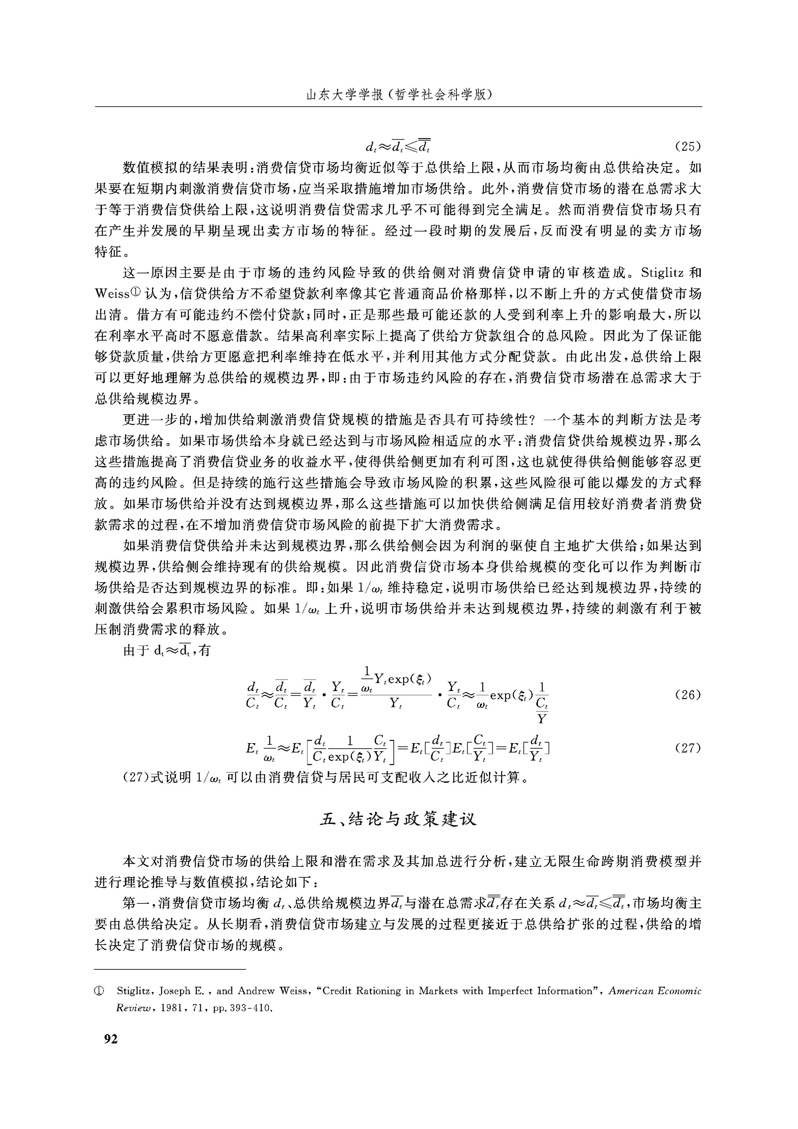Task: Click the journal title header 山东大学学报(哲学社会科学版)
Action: coord(399,94)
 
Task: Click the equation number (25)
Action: coord(687,146)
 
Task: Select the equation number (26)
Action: coord(687,695)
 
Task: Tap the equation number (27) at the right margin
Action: coord(687,748)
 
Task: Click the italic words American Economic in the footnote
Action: coord(655,991)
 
